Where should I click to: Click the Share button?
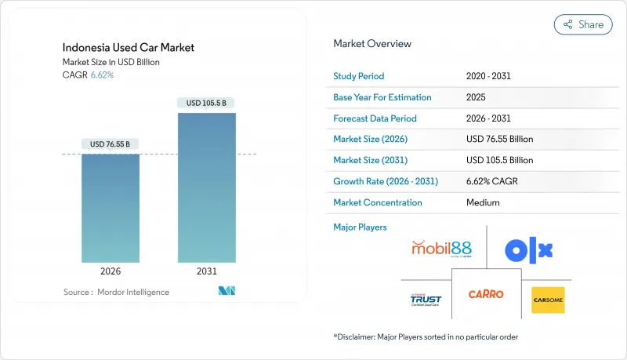pyautogui.click(x=583, y=24)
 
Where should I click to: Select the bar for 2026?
pyautogui.click(x=111, y=208)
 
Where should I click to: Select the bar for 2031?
pyautogui.click(x=207, y=187)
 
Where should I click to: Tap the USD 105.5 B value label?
pyautogui.click(x=207, y=103)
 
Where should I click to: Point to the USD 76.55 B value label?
pyautogui.click(x=111, y=144)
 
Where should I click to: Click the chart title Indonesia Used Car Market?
pyautogui.click(x=129, y=48)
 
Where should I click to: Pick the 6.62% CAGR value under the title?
pyautogui.click(x=103, y=75)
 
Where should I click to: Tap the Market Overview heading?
pyautogui.click(x=372, y=44)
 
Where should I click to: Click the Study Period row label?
pyautogui.click(x=359, y=76)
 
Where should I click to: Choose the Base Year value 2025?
pyautogui.click(x=476, y=97)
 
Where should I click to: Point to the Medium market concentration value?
pyautogui.click(x=482, y=202)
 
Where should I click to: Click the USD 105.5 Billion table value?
pyautogui.click(x=499, y=160)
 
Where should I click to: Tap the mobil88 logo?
pyautogui.click(x=441, y=249)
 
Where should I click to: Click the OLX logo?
pyautogui.click(x=529, y=250)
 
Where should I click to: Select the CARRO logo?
pyautogui.click(x=486, y=294)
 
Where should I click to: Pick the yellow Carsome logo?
pyautogui.click(x=548, y=300)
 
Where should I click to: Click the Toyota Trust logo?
pyautogui.click(x=426, y=300)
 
